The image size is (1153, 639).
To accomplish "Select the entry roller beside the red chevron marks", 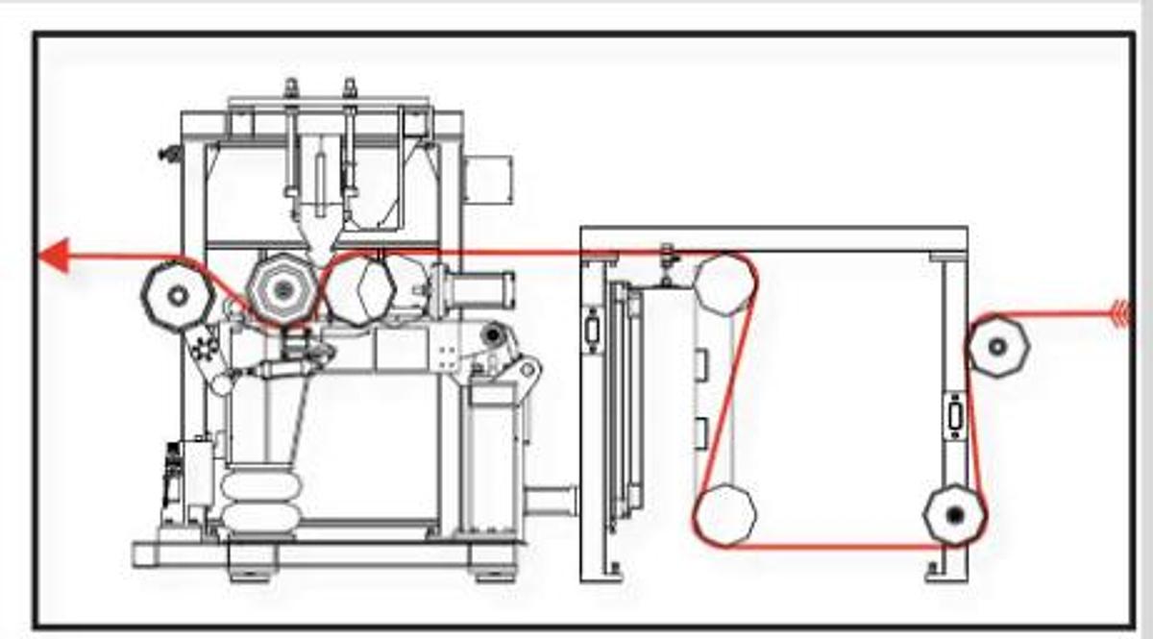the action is coord(998,345).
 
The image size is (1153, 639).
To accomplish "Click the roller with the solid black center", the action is coord(955,516).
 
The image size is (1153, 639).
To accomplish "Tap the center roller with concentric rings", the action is coord(282,289).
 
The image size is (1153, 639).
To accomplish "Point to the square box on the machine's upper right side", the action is coord(487,180).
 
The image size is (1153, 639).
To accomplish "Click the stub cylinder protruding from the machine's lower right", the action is coord(551,501).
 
